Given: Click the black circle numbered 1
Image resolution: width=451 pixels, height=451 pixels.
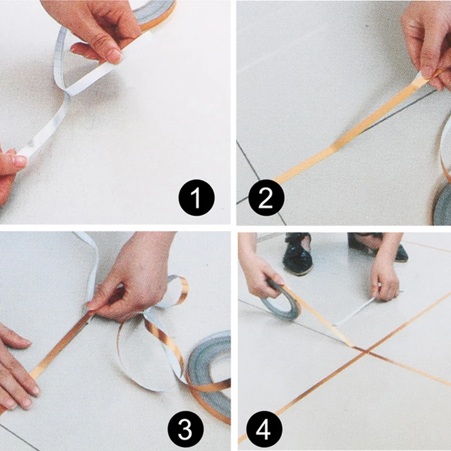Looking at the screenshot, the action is coord(196,198).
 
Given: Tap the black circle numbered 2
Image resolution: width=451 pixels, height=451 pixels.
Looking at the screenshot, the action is coord(266,198).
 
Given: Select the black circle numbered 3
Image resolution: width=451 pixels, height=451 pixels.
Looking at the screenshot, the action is coord(186,429).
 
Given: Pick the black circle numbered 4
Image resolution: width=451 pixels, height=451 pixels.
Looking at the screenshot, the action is coord(264,429).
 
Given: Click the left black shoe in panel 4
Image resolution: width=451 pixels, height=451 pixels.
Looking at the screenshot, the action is coord(297,254).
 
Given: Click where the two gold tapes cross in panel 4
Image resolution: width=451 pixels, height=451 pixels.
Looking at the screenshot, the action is coord(366,351).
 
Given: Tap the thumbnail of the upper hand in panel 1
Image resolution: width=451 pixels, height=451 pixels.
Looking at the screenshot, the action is coord(115,55).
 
